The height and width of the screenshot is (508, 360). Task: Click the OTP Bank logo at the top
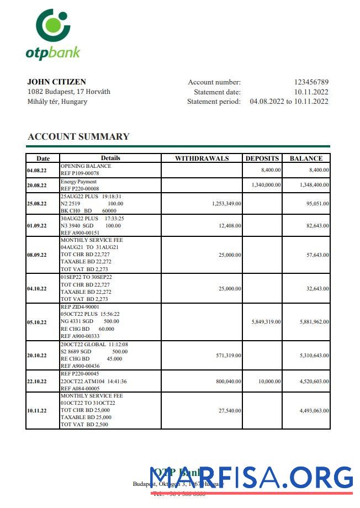coord(53,34)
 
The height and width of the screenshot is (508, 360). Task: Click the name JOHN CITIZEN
coord(56,82)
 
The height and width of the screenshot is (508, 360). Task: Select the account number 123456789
coord(311,82)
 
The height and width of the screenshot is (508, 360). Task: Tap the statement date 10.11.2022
coord(311,92)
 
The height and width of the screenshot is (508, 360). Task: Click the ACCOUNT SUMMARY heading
coord(78,136)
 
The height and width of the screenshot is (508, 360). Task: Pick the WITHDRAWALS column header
coord(202,158)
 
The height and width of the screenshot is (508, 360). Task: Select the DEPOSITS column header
coord(262,158)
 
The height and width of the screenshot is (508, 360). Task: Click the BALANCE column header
coord(306,158)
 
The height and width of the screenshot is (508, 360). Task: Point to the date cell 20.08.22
coord(36,186)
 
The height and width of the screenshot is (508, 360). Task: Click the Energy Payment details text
coord(78,182)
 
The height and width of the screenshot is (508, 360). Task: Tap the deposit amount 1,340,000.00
coord(266,186)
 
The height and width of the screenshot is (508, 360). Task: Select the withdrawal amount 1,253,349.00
coord(226,204)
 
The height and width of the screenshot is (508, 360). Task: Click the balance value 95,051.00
coord(316,204)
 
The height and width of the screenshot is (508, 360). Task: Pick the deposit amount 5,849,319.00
coord(266,322)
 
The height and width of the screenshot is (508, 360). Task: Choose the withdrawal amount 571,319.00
coord(228,356)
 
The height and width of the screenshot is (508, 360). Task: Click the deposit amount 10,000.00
coord(269,381)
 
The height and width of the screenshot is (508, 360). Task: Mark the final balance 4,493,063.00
coord(314,411)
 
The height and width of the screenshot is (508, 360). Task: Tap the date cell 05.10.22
coord(36,322)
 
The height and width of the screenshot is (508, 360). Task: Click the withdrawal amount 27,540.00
coord(230,411)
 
